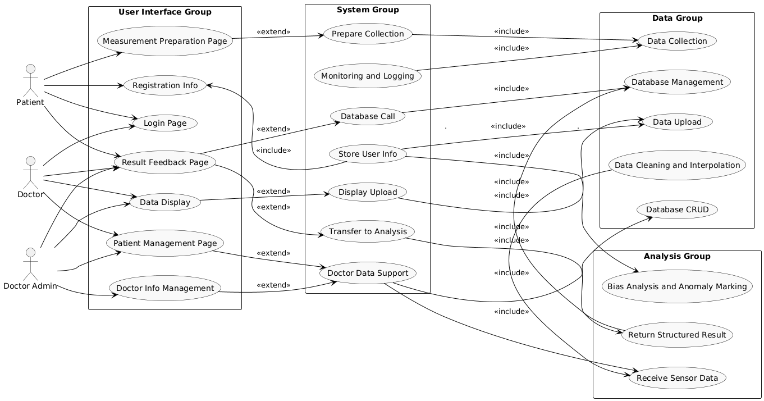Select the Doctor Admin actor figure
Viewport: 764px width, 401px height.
click(31, 264)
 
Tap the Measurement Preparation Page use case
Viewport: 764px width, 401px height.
click(165, 41)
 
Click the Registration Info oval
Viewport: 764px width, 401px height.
click(165, 85)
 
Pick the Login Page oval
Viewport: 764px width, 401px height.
click(165, 123)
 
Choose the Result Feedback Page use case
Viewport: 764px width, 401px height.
click(165, 162)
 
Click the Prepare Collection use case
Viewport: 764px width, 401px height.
click(368, 34)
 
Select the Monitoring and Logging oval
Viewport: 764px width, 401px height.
click(368, 76)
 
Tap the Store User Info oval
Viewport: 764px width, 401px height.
click(368, 154)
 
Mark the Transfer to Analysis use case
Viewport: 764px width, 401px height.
click(368, 231)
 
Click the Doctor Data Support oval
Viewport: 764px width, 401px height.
click(368, 273)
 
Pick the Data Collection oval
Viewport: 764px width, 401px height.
click(677, 41)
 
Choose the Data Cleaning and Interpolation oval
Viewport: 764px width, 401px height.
click(677, 165)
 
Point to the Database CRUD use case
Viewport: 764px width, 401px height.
click(677, 209)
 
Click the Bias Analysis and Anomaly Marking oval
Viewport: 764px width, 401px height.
click(677, 286)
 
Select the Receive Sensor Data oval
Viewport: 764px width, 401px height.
click(677, 377)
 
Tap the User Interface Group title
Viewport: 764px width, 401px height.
click(165, 12)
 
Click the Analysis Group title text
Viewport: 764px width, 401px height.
click(677, 256)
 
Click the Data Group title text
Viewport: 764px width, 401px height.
click(677, 18)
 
